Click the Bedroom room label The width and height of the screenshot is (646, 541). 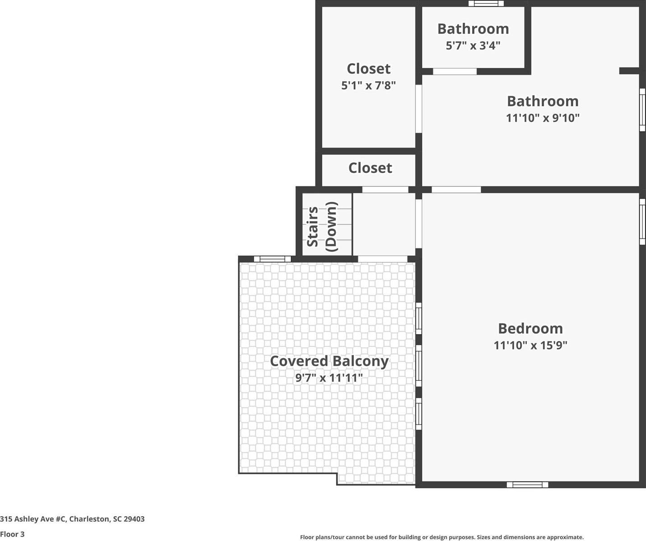coord(530,328)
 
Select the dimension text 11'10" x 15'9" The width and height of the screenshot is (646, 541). coord(530,345)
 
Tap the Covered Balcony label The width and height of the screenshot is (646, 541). coord(329,361)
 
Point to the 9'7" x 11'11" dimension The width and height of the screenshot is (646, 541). coord(329,378)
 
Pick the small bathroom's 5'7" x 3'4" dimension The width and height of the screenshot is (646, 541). coord(473,46)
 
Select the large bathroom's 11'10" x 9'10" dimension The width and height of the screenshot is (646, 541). coord(543,118)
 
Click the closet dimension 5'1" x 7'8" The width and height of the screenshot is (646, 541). coord(368,85)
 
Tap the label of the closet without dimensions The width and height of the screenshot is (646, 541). coord(370,168)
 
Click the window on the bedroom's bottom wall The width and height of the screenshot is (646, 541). coord(527,485)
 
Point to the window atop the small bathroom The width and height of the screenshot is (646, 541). coord(486,4)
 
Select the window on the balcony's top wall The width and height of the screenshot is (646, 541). coord(272,259)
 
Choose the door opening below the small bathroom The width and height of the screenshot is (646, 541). coord(455,71)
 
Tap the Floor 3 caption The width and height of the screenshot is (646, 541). coord(12,534)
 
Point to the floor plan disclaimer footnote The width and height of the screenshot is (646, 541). coord(442,537)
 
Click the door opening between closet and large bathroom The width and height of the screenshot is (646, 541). coord(418,108)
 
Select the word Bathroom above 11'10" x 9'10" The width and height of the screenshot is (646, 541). coord(543,101)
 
